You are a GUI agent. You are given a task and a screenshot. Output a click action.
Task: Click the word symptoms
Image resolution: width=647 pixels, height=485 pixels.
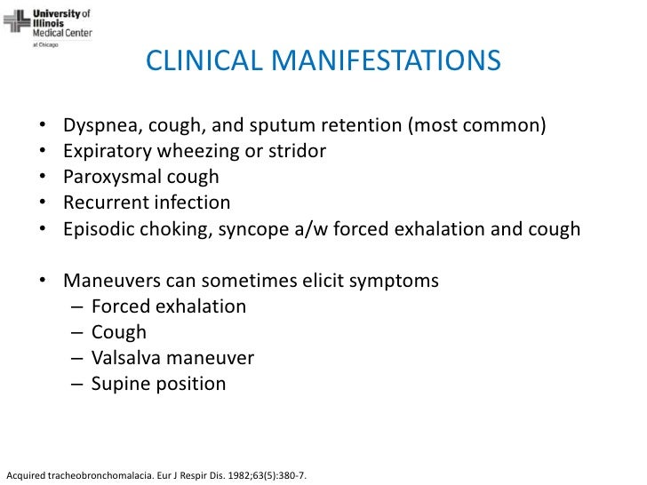coord(397,281)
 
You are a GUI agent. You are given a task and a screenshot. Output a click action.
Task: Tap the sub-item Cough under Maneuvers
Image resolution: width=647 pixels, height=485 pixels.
coord(118,332)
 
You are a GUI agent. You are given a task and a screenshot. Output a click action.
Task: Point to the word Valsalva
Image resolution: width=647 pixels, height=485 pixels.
coord(124,358)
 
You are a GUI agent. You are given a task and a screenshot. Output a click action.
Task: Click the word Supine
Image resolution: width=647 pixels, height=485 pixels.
coord(120,384)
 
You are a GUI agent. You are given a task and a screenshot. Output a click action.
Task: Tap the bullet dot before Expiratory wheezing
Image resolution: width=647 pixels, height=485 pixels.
coord(44,152)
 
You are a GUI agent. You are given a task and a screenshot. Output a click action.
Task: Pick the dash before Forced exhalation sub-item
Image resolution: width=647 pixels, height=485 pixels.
coord(75,306)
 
